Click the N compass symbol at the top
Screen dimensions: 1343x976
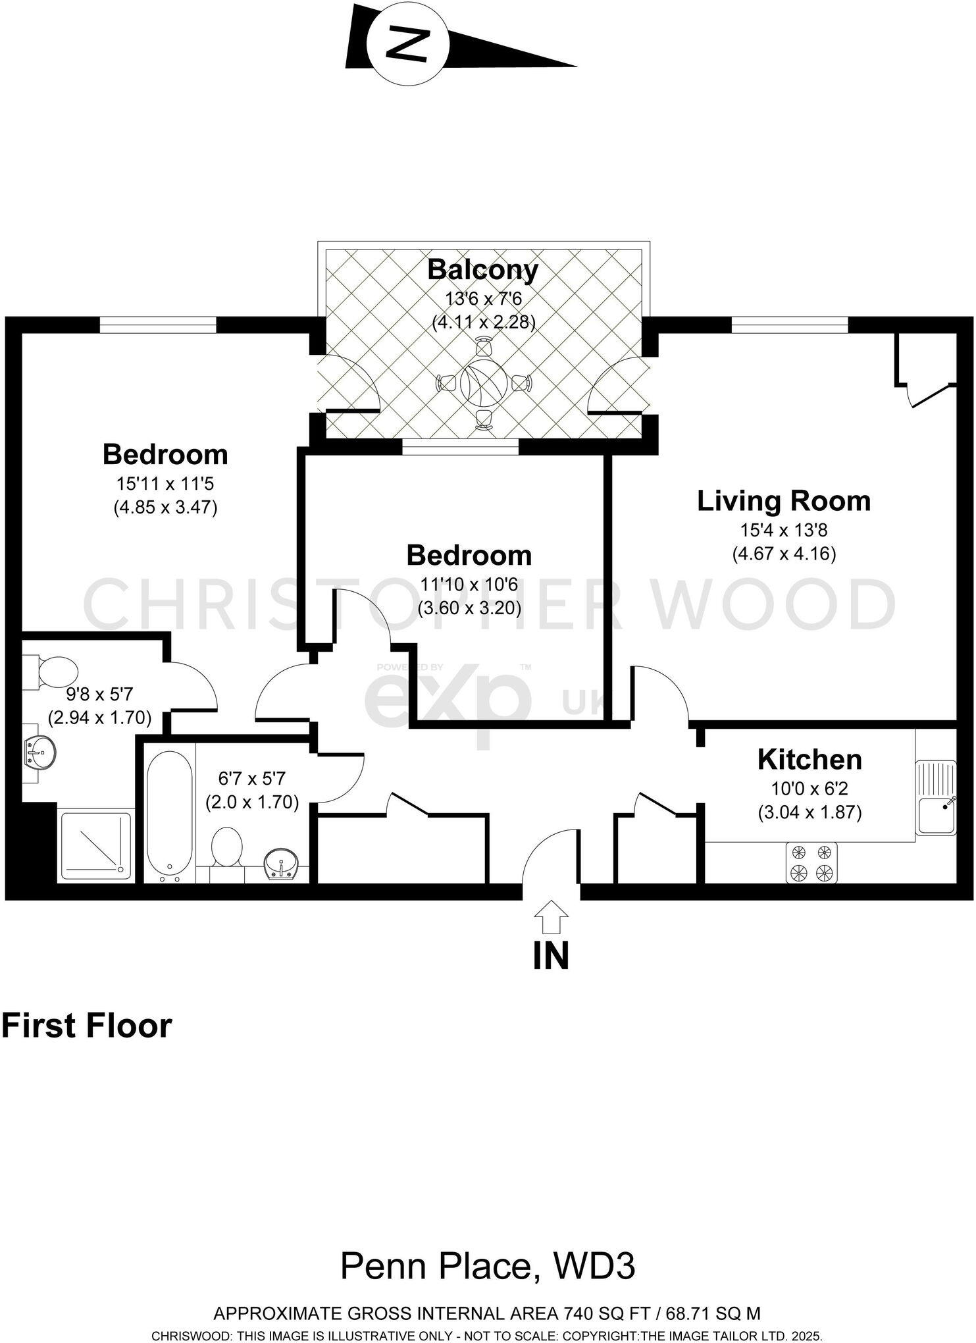(x=407, y=45)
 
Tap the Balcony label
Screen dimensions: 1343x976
(x=482, y=270)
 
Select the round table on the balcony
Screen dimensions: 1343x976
(x=483, y=383)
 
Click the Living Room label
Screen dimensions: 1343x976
(x=783, y=501)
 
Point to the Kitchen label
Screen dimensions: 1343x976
(x=809, y=760)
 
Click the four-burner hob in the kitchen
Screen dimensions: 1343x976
(x=811, y=863)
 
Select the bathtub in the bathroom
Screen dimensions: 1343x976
(x=169, y=816)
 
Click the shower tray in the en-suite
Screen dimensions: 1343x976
(x=96, y=846)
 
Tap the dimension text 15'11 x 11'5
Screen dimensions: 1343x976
(x=165, y=484)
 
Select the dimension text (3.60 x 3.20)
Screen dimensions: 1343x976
(x=469, y=608)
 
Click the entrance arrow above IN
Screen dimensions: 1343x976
(x=550, y=917)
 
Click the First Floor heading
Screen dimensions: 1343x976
(x=86, y=1026)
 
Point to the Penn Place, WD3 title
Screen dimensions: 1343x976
(x=487, y=1266)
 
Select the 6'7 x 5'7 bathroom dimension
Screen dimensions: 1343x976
(x=252, y=779)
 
